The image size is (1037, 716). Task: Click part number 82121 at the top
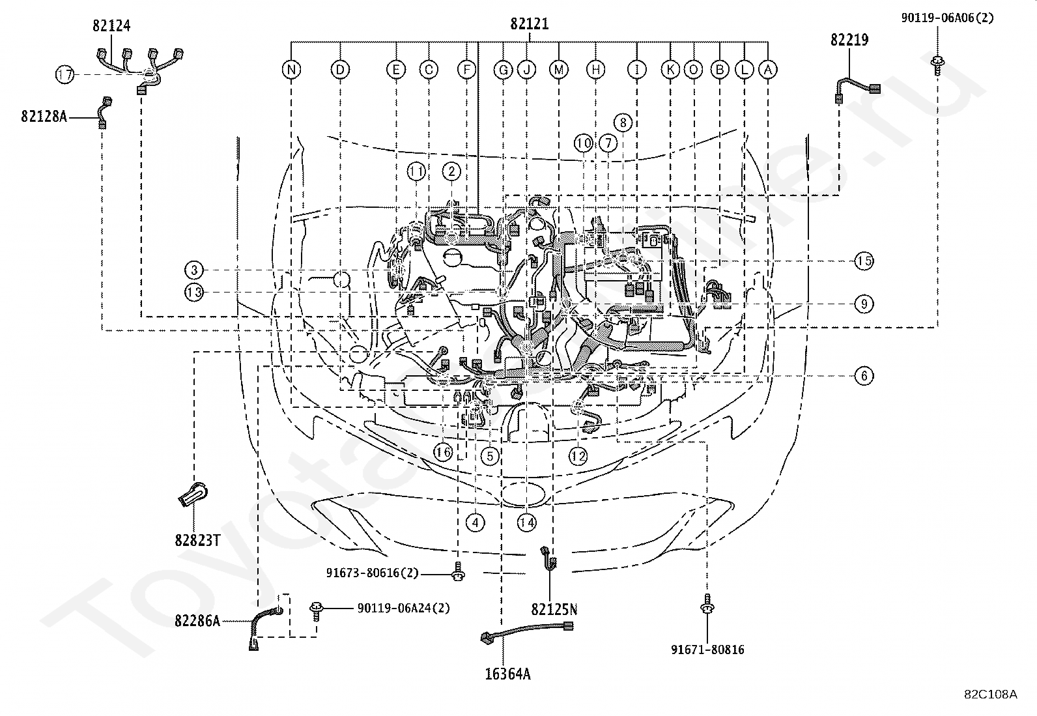530,23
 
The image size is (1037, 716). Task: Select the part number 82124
111,25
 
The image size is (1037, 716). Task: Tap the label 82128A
44,116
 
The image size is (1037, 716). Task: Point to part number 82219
849,40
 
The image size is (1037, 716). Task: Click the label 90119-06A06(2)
947,18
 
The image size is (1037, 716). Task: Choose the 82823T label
197,541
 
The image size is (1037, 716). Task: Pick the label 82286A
197,621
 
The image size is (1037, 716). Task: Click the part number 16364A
508,674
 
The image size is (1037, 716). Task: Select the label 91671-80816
708,650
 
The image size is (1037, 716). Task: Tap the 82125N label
554,610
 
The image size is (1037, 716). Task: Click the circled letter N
291,70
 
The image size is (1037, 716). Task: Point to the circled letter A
768,70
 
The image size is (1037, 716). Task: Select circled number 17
65,74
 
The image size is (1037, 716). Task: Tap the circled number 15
864,261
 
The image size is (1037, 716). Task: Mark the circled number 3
194,270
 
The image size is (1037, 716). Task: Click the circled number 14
527,523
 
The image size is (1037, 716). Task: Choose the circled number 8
623,122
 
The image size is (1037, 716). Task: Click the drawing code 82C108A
991,695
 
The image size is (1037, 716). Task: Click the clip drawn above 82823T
193,494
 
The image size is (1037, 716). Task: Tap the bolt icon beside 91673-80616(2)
458,571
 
